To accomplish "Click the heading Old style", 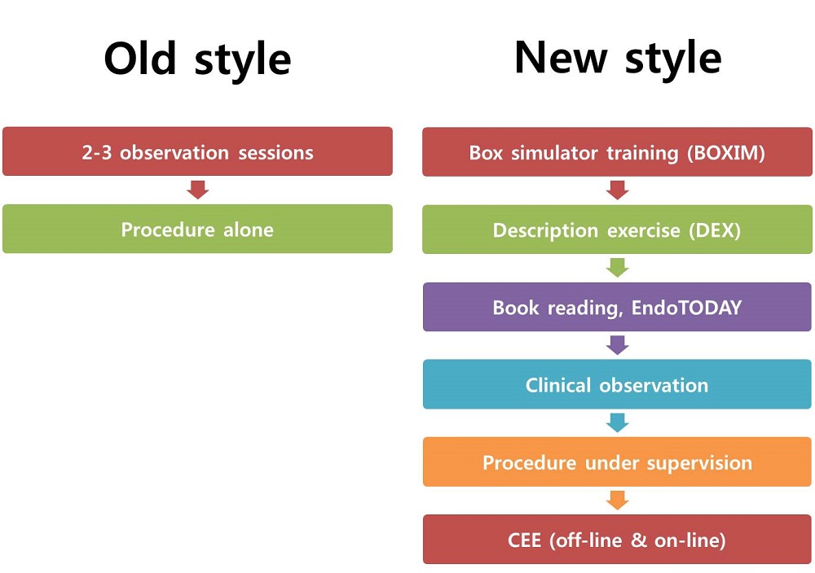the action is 197,59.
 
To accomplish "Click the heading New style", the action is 618,59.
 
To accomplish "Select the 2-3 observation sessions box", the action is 197,151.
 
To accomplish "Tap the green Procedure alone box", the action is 197,229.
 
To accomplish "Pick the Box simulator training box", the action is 617,152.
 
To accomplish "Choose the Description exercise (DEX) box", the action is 617,230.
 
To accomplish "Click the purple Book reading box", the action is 617,307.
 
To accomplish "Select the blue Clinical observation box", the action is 617,385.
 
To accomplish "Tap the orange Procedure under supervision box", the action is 617,462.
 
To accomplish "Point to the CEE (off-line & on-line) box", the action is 617,540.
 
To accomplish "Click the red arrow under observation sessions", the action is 197,190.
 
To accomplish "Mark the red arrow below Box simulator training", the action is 618,190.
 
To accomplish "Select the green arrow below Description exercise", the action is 618,268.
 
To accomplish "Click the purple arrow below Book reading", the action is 618,345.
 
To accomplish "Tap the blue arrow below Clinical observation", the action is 618,422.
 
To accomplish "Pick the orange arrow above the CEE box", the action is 618,501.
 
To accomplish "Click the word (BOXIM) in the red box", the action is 726,153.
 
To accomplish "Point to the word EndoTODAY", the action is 686,308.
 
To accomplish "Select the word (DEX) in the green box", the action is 715,230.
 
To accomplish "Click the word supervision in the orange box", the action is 699,463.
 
